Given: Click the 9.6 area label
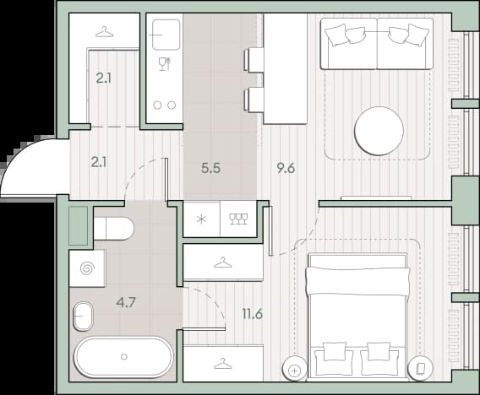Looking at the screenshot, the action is tap(286, 169).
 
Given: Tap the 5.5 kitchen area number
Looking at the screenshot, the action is tap(211, 169).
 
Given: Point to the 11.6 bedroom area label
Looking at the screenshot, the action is tap(253, 314).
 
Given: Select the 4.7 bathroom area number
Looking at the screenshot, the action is tap(126, 303).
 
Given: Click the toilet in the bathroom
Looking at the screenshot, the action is tap(114, 229).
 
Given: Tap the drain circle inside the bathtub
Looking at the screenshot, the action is tap(124, 357).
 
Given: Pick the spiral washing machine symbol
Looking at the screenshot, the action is tap(87, 268).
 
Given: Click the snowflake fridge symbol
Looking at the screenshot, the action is tap(201, 219).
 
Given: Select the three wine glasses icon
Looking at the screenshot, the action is tap(238, 219).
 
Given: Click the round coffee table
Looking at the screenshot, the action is tap(379, 131).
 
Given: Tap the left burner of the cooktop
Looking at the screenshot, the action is tap(157, 106).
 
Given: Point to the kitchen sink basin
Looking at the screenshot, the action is tap(166, 35).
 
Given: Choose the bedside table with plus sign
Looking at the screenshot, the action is tap(294, 370).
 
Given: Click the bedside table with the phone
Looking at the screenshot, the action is tap(421, 369).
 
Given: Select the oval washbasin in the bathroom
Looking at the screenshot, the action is tap(83, 317).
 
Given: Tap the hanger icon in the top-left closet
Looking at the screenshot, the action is tap(105, 32).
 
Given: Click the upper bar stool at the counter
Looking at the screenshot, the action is tap(254, 60).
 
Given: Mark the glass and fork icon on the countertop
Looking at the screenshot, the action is tap(165, 64).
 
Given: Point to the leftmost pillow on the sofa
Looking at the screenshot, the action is tap(336, 36).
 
